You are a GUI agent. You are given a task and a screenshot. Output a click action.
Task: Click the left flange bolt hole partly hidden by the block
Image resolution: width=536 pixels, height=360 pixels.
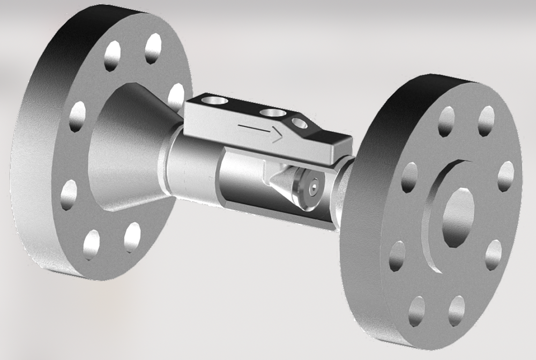(175, 96)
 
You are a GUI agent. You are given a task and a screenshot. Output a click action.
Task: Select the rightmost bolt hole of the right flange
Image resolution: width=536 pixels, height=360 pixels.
(505, 176)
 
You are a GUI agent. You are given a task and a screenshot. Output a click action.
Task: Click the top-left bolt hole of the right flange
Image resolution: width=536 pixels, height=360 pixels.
(446, 122)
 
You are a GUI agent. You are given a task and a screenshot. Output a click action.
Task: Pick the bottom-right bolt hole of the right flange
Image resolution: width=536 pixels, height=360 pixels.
(493, 254)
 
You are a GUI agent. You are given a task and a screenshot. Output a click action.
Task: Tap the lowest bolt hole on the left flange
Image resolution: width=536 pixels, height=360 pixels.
(92, 245)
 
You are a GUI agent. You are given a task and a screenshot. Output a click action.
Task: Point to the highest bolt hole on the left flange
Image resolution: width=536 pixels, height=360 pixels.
(153, 49)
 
